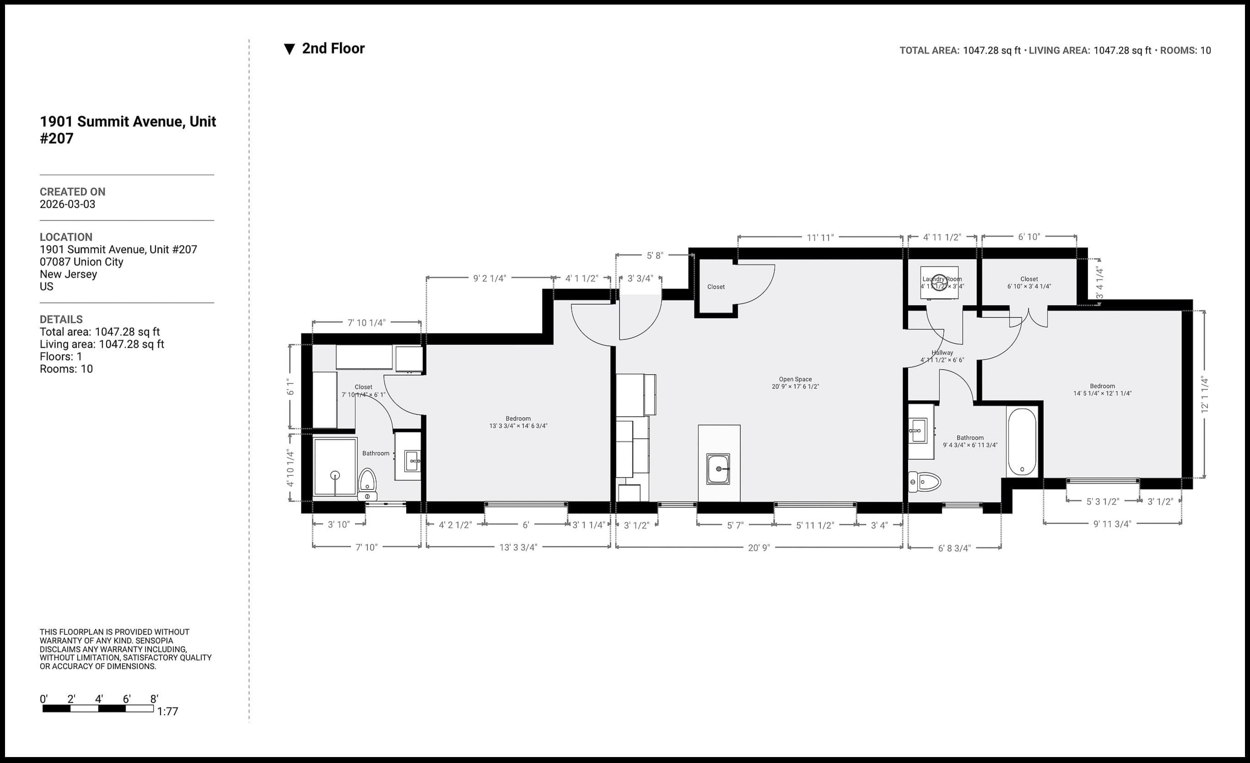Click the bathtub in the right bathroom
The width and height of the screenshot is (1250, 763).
[x=1022, y=441]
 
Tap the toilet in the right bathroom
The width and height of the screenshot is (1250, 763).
[x=924, y=481]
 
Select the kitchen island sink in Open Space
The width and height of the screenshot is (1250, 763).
[x=718, y=469]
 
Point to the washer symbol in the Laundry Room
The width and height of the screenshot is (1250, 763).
[x=939, y=283]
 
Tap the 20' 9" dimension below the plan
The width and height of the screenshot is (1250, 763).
[x=759, y=548]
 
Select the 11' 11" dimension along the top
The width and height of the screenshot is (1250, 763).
[x=820, y=237]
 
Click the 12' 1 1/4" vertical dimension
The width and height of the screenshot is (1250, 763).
[x=1205, y=394]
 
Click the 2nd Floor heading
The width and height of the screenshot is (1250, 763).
[x=333, y=48]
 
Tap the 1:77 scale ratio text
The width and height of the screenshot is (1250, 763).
[x=167, y=711]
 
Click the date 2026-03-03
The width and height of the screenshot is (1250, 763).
[x=67, y=204]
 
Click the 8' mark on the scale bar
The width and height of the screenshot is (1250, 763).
[x=154, y=699]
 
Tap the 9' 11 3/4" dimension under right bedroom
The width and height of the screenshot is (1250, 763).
[x=1112, y=524]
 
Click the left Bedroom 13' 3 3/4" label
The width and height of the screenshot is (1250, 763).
[x=518, y=422]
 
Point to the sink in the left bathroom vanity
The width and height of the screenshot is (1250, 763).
[x=412, y=461]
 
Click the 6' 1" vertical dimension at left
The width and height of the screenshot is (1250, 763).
[x=290, y=387]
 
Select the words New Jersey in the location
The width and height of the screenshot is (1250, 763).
[x=69, y=274]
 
